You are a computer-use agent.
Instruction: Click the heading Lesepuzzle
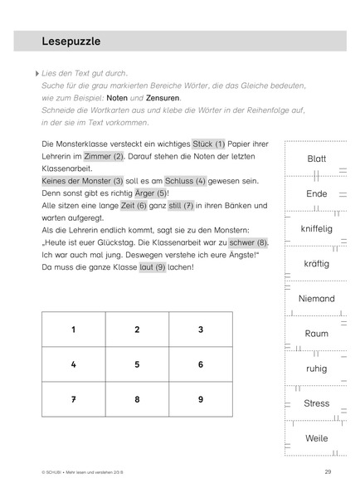tap(71, 41)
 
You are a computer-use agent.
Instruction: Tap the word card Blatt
tap(316, 159)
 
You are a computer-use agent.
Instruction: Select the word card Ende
tap(316, 193)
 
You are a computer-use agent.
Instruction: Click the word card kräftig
tap(316, 263)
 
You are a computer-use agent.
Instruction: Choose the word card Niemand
tap(316, 299)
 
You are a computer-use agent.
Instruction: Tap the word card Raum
tap(316, 334)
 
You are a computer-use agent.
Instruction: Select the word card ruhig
tap(316, 369)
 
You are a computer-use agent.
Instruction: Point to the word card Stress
tap(316, 403)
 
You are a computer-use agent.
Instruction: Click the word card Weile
tap(316, 438)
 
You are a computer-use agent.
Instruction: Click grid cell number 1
tap(73, 330)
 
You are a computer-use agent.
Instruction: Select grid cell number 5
tap(137, 364)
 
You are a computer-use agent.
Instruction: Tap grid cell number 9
tap(200, 399)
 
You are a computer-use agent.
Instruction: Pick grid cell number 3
tap(200, 330)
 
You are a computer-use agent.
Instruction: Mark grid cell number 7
tap(73, 399)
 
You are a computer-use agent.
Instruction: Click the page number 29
tap(328, 471)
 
